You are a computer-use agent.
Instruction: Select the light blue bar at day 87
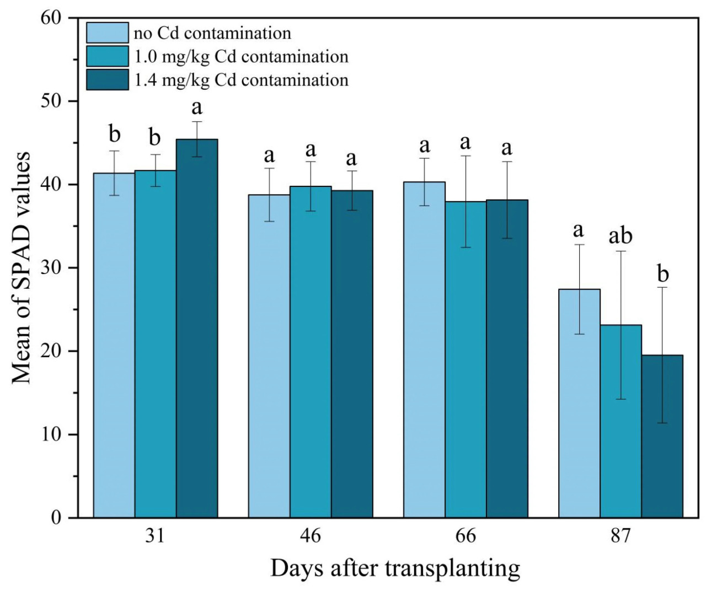579,403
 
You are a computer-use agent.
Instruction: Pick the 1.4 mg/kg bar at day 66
507,358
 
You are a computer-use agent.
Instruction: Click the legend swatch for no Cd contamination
108,33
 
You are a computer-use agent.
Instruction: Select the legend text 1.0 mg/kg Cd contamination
241,57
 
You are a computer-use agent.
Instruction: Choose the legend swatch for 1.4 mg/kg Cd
108,80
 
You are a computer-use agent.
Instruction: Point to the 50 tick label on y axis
51,101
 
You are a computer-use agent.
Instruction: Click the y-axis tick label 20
51,351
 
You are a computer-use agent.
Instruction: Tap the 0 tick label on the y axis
56,518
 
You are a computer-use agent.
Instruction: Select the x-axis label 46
311,535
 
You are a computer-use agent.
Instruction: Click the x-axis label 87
621,535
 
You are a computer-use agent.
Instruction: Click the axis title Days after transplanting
395,568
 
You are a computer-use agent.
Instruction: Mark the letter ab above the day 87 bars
621,236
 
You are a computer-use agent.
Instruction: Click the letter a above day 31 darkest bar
197,108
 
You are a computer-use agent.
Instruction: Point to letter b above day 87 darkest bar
662,273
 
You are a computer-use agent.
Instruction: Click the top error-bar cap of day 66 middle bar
466,156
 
